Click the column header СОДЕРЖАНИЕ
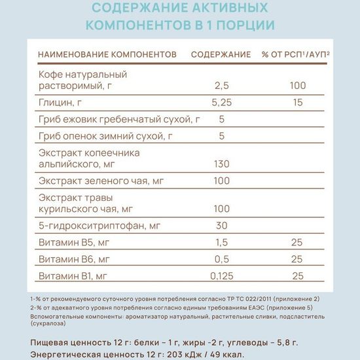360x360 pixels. [x=221, y=53]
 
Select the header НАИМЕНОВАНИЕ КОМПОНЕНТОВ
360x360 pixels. [x=108, y=53]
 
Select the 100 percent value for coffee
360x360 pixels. [x=298, y=85]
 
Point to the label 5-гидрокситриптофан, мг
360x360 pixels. [x=99, y=226]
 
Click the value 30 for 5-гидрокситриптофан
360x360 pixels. [x=221, y=226]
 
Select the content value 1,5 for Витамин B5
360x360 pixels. [x=222, y=243]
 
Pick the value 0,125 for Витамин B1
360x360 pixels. [x=225, y=276]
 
